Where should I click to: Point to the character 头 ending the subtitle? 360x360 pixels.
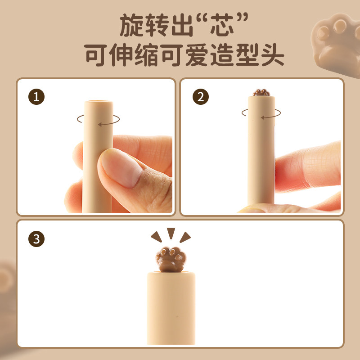coord(271,56)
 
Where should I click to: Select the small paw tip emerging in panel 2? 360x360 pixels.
coord(261,93)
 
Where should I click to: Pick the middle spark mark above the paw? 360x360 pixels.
coord(171,233)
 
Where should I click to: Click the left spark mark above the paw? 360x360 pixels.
coord(157,237)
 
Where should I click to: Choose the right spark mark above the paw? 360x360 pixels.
coord(184,237)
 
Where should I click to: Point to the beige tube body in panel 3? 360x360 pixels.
coord(171,306)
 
